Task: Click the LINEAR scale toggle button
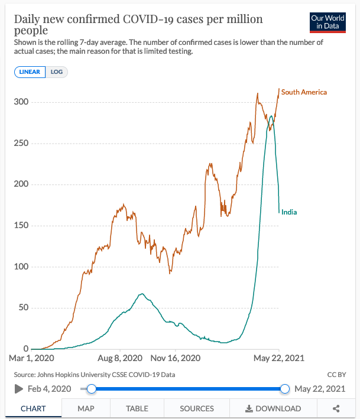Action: pos(30,72)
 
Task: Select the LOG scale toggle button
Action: pos(57,72)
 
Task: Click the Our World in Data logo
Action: pos(328,22)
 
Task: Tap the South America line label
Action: pos(304,92)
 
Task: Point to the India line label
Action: pos(289,212)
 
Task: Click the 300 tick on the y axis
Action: pos(21,102)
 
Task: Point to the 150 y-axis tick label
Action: pos(21,226)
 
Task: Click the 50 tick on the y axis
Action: pos(23,308)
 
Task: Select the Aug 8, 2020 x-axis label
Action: pos(121,358)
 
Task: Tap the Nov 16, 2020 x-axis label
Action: pos(176,358)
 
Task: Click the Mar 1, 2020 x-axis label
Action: pos(33,358)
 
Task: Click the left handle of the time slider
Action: pos(91,389)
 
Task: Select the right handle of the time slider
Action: pos(285,389)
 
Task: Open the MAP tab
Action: pos(86,408)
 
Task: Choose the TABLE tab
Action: pos(137,408)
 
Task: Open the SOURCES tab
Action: pos(197,408)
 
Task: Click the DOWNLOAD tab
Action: pos(273,408)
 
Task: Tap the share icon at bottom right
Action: pos(336,408)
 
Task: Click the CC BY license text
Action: pos(336,375)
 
